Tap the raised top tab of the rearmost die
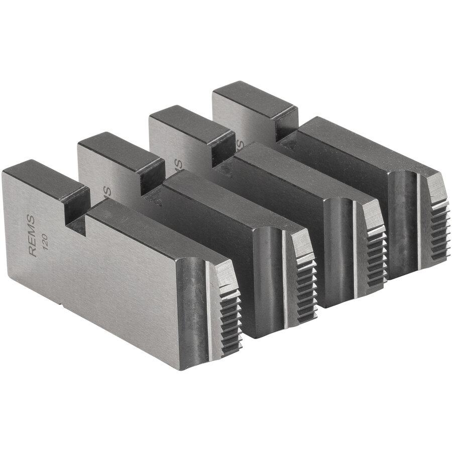[x=254, y=98]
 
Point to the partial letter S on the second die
[x=107, y=191]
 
